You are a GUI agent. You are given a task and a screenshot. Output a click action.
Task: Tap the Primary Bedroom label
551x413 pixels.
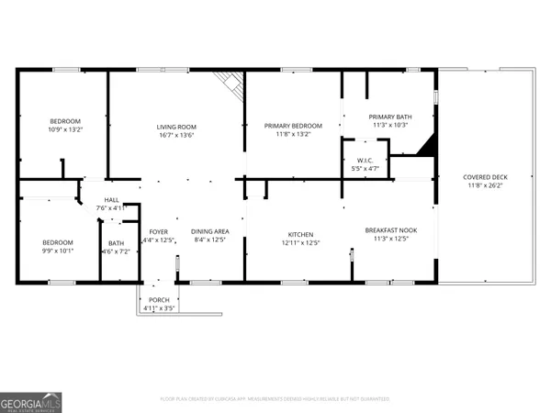pos(294,126)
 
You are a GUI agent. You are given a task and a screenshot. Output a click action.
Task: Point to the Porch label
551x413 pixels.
pos(159,300)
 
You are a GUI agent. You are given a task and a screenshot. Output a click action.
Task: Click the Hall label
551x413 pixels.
pos(111,200)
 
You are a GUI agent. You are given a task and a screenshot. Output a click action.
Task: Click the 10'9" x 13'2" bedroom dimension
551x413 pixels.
pos(65,130)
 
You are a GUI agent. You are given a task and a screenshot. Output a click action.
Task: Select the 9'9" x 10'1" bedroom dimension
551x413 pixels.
pos(59,251)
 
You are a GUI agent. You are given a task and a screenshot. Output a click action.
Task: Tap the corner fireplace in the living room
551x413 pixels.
pos(231,85)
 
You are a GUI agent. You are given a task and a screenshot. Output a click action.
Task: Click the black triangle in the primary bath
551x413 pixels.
pos(425,147)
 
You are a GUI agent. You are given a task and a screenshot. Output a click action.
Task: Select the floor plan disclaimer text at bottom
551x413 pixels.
pos(275,399)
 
